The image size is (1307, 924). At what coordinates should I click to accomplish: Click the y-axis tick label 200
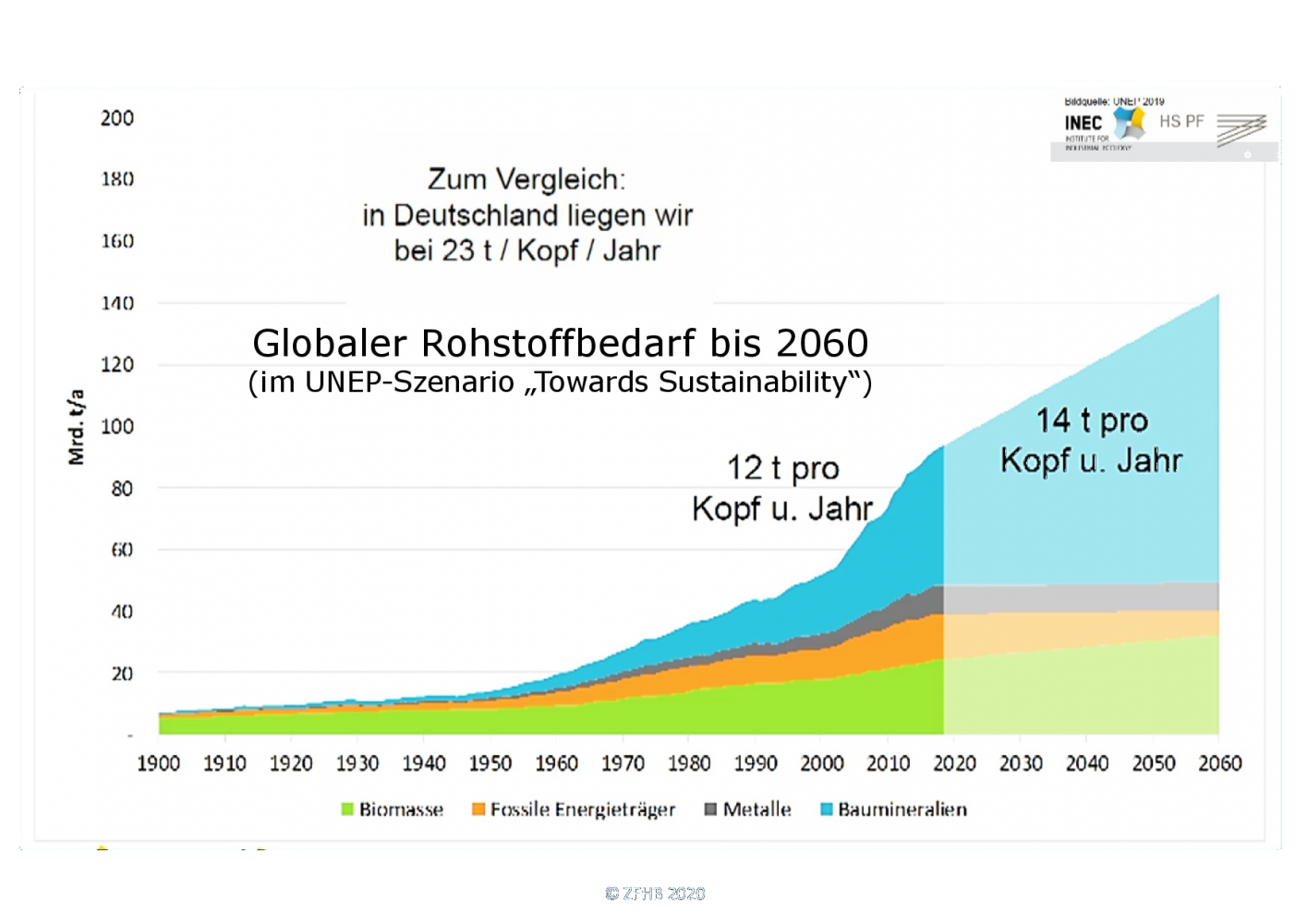point(117,118)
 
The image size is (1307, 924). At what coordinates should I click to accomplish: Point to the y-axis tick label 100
point(117,426)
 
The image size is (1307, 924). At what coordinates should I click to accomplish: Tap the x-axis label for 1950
point(490,763)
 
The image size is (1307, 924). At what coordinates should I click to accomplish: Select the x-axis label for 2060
point(1219,763)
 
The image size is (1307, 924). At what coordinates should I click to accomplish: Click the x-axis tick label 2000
point(821,763)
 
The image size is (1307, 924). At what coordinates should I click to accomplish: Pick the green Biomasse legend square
point(347,809)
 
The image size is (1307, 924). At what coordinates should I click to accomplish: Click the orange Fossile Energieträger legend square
point(478,809)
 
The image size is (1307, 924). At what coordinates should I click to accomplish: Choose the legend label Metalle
point(756,809)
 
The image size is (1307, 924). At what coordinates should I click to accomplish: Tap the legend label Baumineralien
point(902,809)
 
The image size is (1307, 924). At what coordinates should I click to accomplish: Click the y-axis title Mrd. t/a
point(77,427)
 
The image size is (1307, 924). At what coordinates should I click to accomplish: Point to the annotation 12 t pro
point(782,468)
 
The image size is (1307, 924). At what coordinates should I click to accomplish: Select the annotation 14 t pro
point(1091,420)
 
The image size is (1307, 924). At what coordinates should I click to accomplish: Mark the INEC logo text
point(1083,123)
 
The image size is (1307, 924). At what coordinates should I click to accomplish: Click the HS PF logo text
point(1181,121)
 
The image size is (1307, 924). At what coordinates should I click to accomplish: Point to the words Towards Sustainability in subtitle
point(691,382)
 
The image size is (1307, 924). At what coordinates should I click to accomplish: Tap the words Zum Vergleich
point(526,179)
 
